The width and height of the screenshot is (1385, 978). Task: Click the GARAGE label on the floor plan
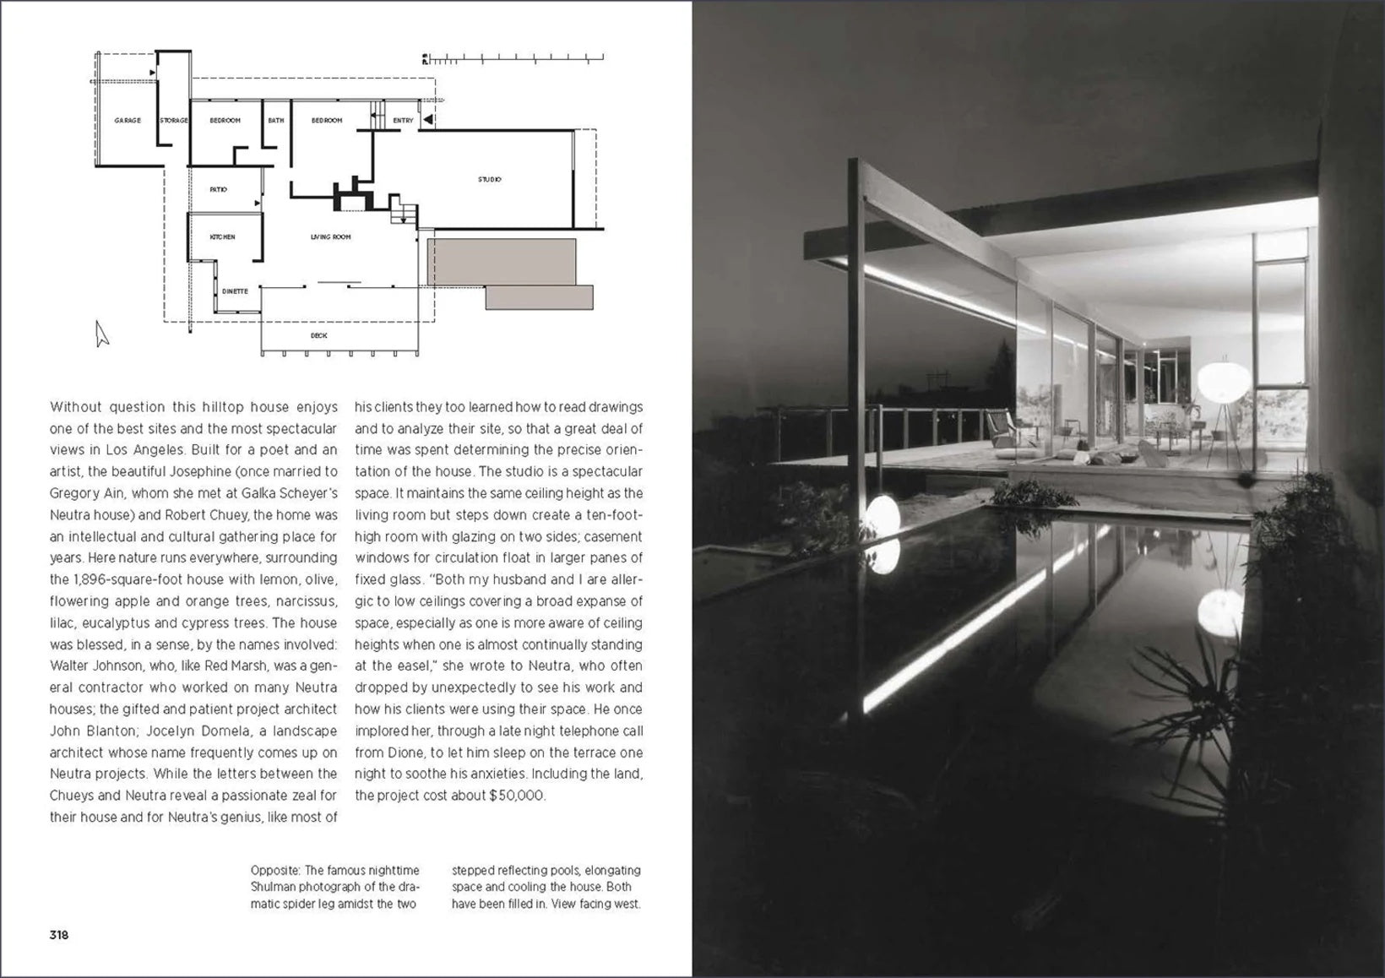pos(128,121)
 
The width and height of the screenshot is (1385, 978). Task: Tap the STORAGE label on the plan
pos(174,121)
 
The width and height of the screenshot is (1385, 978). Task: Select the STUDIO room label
pos(490,179)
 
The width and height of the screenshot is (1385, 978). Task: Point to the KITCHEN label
pos(223,237)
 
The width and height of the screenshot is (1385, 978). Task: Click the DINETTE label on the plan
pos(235,291)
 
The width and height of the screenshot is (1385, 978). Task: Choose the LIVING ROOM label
pos(330,237)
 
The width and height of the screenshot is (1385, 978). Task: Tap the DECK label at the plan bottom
pos(318,335)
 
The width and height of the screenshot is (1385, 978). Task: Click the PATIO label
pos(218,190)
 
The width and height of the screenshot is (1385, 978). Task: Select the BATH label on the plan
pos(276,121)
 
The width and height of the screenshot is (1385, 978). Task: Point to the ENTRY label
pos(403,121)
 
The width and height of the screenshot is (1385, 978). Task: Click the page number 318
pos(58,935)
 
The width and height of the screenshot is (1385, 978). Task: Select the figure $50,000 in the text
pos(517,796)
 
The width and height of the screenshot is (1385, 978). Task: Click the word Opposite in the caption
pos(274,870)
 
